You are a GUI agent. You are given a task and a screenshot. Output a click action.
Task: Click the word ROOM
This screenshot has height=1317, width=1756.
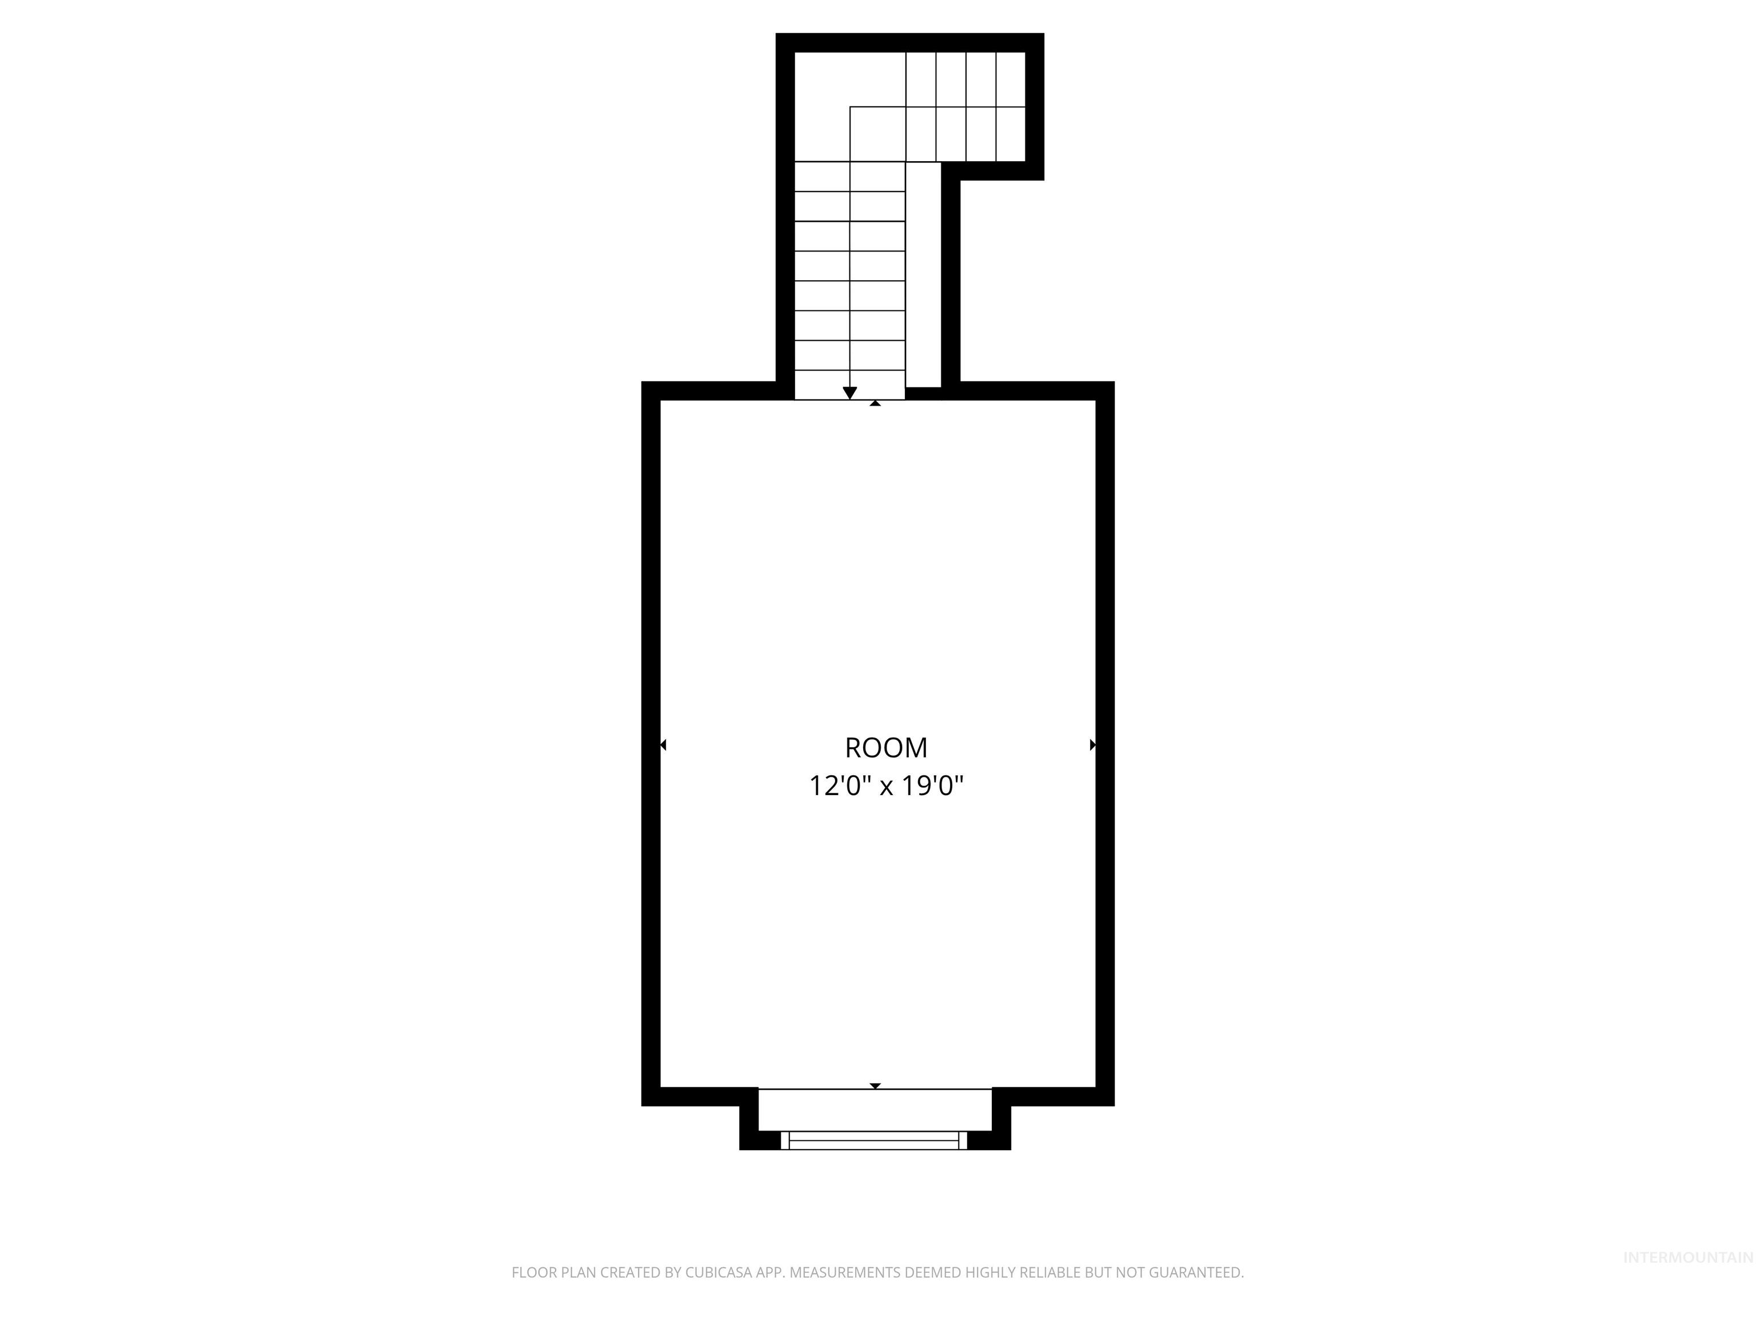tap(886, 748)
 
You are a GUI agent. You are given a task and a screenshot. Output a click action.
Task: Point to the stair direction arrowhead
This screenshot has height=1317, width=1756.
tap(849, 393)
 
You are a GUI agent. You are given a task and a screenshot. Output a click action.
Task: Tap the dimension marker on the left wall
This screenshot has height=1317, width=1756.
tap(663, 745)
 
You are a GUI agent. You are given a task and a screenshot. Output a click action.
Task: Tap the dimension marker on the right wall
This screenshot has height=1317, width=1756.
tap(1092, 745)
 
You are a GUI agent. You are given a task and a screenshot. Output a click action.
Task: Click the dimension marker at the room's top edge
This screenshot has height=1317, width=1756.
tap(875, 404)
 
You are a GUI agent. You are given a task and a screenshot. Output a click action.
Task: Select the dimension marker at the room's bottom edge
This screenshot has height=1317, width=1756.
tap(875, 1085)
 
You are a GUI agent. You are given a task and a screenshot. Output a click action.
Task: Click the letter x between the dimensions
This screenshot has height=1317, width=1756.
tap(886, 788)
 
